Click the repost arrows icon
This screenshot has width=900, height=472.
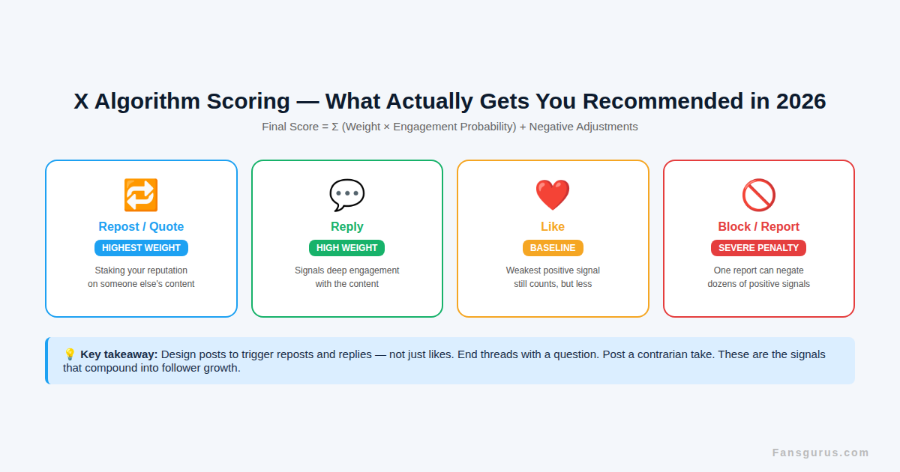tap(141, 195)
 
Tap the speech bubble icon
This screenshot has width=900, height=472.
tap(346, 195)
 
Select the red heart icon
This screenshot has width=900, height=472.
tap(553, 195)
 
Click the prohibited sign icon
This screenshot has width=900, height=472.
tap(758, 195)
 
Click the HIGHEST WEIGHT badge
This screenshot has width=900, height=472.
tap(141, 248)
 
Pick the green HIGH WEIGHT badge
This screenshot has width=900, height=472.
tap(346, 248)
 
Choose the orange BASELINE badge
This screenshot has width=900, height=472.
tap(553, 248)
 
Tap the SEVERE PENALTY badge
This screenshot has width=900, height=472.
tap(758, 248)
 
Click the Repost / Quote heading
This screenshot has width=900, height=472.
tap(141, 227)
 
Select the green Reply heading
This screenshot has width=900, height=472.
tap(346, 227)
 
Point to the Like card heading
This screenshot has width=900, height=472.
tap(553, 227)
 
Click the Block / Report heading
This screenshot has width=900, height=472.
tap(758, 227)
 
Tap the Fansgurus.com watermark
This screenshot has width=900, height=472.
tap(820, 453)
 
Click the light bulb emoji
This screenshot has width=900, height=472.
tap(70, 354)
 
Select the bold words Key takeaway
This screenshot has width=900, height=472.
tap(118, 354)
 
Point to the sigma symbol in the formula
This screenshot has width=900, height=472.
tap(335, 127)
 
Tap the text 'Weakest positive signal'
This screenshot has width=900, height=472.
tap(553, 270)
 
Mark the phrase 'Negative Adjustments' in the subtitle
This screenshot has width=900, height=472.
tap(583, 127)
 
